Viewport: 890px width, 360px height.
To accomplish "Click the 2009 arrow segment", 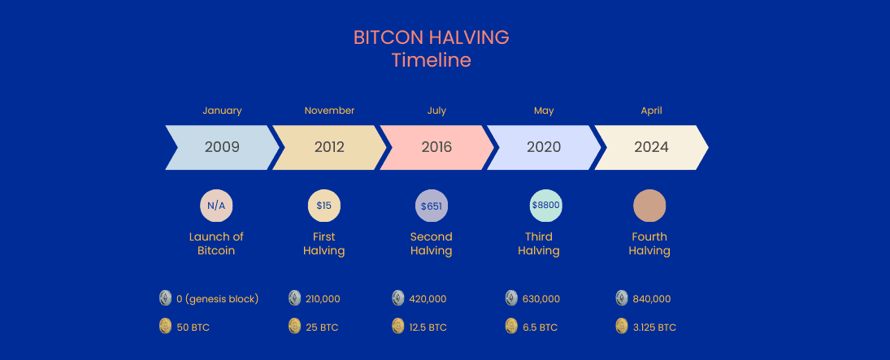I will pos(221,147).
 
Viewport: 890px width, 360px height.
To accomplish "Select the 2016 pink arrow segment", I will pos(436,147).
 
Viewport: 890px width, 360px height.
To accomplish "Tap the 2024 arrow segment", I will pos(651,147).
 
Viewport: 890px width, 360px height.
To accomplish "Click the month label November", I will pos(329,111).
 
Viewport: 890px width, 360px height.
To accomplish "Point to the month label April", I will pos(651,111).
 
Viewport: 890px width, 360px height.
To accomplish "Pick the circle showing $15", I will pos(324,206).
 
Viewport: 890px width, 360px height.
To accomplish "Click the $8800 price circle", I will pos(545,206).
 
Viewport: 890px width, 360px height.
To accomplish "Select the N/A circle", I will pos(216,206).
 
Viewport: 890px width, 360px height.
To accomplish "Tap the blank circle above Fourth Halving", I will pos(649,206).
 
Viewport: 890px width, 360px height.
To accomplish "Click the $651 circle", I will pos(432,206).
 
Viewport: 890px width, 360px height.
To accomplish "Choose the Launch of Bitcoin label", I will pos(216,244).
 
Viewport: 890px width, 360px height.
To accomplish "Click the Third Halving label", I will pos(538,244).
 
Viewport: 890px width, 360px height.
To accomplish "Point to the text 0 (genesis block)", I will pos(217,299).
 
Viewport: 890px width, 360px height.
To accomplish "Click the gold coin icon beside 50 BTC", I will pos(166,327).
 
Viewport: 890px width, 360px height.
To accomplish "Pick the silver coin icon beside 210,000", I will pos(295,298).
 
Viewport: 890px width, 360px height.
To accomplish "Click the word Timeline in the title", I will pos(431,60).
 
